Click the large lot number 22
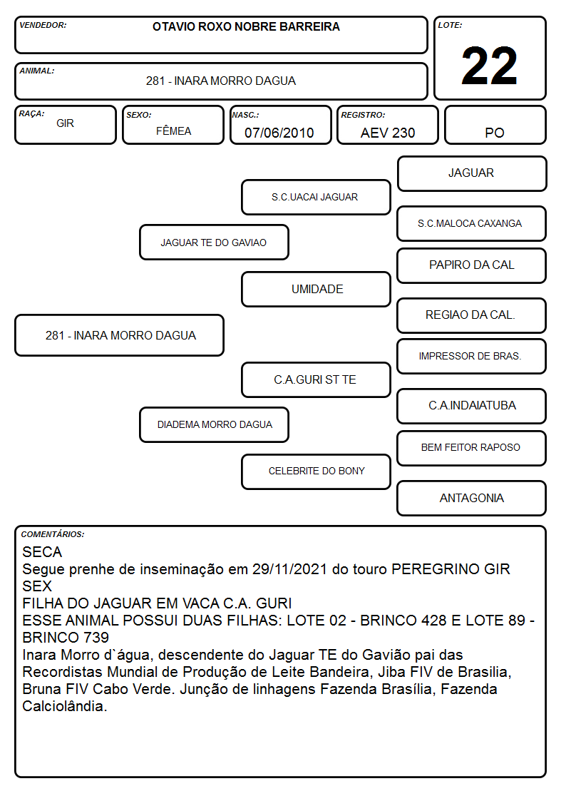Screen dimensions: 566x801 point(489,66)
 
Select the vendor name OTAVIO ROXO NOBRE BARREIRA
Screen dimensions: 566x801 point(246,26)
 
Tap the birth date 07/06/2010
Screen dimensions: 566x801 point(279,133)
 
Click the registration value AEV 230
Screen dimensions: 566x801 point(388,133)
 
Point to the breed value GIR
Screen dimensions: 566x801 point(66,123)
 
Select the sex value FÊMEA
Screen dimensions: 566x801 point(173,131)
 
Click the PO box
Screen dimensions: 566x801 point(495,126)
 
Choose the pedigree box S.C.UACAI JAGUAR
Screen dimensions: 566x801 point(316,197)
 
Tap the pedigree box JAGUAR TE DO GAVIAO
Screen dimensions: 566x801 point(214,243)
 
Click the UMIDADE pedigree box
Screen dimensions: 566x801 point(316,289)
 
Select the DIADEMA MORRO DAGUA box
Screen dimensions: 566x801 point(214,424)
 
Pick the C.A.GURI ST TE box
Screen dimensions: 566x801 point(316,379)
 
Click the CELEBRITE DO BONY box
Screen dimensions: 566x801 point(316,471)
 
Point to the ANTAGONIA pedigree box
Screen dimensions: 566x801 point(472,498)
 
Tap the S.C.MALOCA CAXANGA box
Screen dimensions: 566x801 point(472,223)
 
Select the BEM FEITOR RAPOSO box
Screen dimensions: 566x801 point(472,448)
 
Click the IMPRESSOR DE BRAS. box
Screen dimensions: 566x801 point(472,356)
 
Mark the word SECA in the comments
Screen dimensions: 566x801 point(42,552)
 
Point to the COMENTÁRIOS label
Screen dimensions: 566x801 point(53,534)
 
